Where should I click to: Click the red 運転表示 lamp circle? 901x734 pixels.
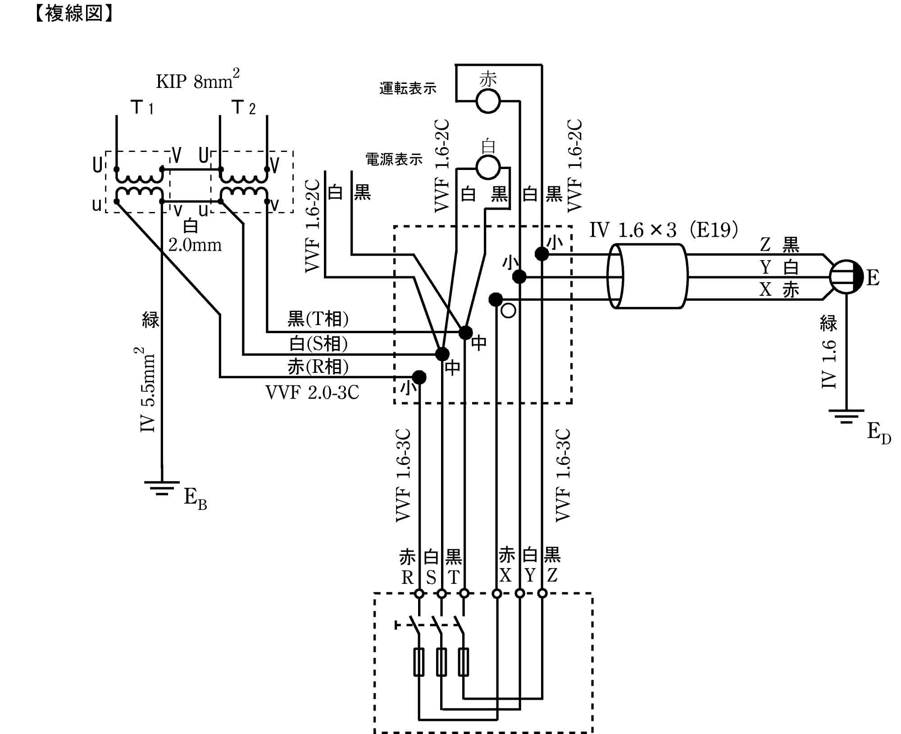tap(488, 101)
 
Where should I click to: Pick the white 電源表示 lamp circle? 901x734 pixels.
tap(488, 167)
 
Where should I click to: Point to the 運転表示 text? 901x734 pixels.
tap(408, 88)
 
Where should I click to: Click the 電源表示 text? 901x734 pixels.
tap(394, 159)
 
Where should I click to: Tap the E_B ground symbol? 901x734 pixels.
tap(162, 488)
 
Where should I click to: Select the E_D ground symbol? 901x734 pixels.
tap(846, 416)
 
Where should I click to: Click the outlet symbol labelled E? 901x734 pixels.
tap(846, 277)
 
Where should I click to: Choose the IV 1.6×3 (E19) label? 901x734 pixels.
tap(664, 230)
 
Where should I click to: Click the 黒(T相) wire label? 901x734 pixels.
tap(318, 319)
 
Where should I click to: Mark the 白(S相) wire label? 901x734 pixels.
tap(318, 344)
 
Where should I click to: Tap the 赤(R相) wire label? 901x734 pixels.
tap(318, 367)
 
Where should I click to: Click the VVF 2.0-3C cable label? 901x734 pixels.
tap(312, 393)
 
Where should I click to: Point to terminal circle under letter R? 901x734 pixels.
tap(419, 593)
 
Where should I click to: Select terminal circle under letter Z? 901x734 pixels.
tap(542, 593)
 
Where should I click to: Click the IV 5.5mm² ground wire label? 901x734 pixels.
tap(148, 390)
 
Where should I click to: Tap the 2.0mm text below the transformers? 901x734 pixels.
tap(195, 245)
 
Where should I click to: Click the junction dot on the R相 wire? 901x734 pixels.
tap(419, 377)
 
